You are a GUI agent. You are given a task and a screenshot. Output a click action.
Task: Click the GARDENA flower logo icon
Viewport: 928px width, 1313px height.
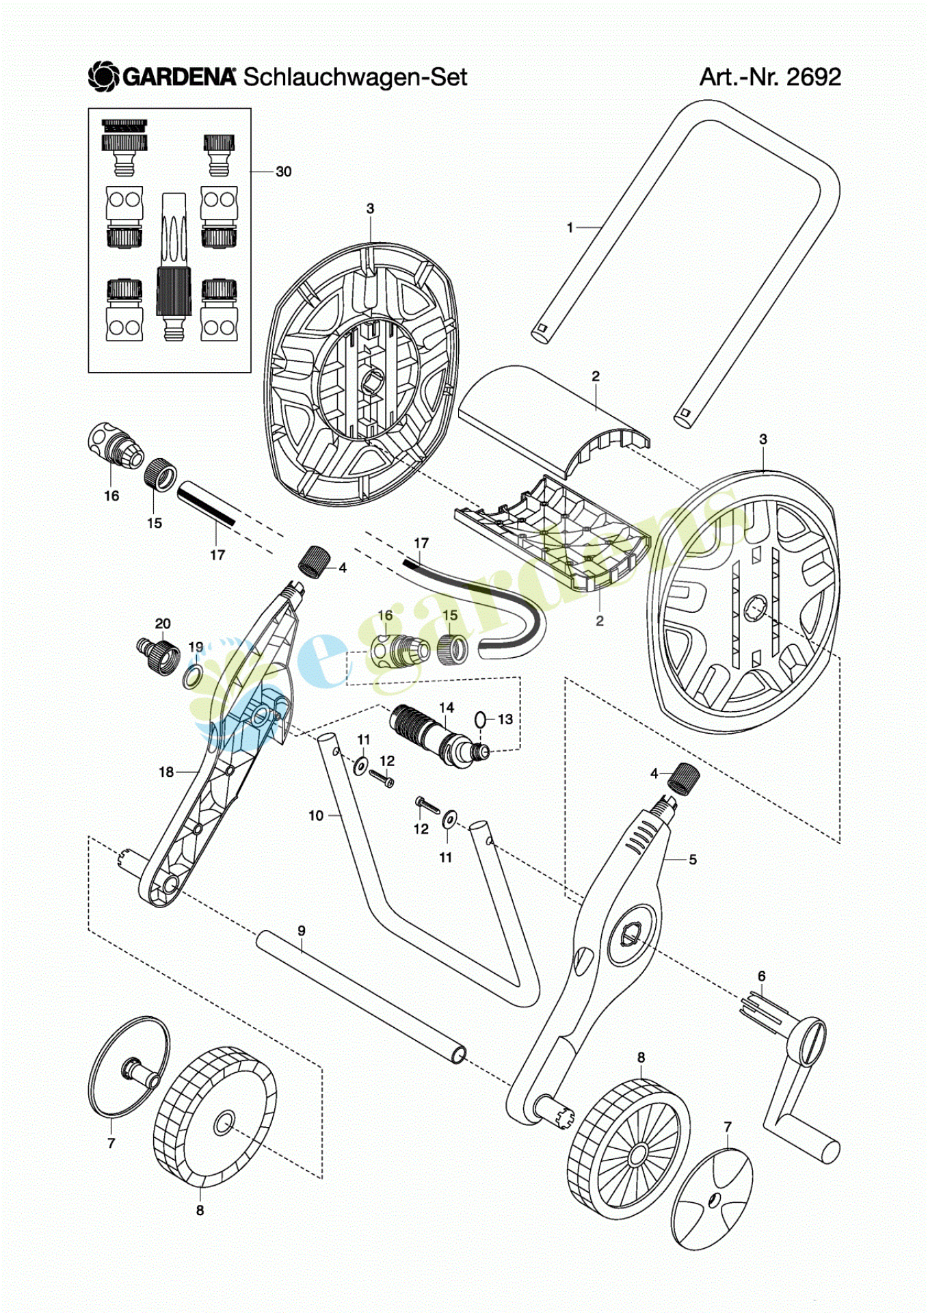point(104,77)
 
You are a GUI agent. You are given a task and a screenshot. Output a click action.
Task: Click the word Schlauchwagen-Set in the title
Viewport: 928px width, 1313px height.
point(355,77)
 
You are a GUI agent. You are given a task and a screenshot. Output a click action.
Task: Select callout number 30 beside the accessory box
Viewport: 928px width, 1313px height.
point(283,172)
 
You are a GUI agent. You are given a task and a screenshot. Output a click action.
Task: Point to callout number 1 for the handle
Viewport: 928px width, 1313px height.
point(570,228)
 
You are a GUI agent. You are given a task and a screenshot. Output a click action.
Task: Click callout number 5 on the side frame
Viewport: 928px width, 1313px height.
point(692,860)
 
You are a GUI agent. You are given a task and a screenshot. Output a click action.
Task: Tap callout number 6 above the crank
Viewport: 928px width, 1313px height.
point(761,977)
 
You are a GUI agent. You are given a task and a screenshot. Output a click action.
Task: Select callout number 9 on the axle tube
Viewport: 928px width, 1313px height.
point(302,931)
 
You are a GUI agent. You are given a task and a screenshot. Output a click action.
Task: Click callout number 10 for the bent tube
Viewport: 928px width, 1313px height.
point(315,815)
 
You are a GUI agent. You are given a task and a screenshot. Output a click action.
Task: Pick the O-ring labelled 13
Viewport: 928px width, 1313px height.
point(481,719)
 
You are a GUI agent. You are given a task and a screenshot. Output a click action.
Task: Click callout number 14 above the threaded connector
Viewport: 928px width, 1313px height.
point(446,707)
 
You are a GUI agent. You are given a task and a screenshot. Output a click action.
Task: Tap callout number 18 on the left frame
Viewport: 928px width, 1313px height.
point(166,772)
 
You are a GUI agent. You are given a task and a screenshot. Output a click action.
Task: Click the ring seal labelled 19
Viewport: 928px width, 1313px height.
point(192,677)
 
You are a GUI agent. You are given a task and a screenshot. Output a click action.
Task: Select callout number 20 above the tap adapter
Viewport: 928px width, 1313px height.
point(163,624)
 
